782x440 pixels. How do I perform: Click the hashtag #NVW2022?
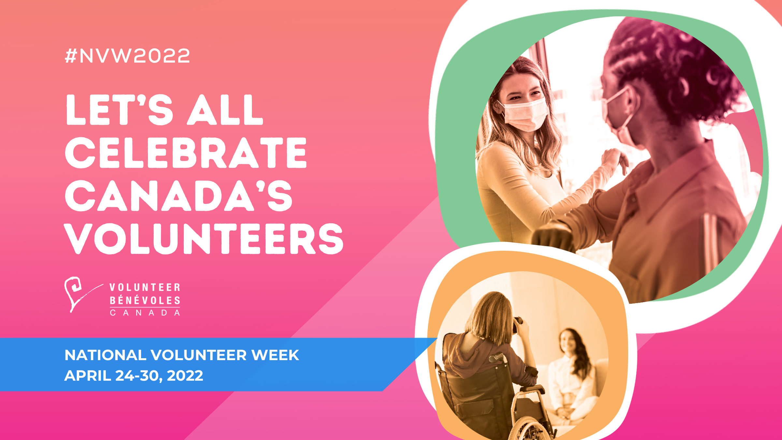coord(127,56)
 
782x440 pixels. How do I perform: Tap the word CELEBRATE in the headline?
coord(186,153)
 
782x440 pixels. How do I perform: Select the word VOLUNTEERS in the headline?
coord(204,239)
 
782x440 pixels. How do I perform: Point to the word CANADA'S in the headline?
coord(179,196)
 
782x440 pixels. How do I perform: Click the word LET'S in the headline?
coord(119,110)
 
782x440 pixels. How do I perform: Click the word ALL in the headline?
coord(225,110)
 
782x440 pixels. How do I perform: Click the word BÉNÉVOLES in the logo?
coord(145,300)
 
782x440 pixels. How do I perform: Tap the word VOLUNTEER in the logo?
coord(145,287)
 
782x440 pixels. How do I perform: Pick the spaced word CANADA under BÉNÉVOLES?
coord(145,313)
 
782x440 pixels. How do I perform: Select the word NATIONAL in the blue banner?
coord(105,355)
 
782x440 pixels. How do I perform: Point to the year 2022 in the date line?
coord(185,375)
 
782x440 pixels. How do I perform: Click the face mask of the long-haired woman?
coord(525,114)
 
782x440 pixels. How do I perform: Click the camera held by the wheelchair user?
coord(517,324)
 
